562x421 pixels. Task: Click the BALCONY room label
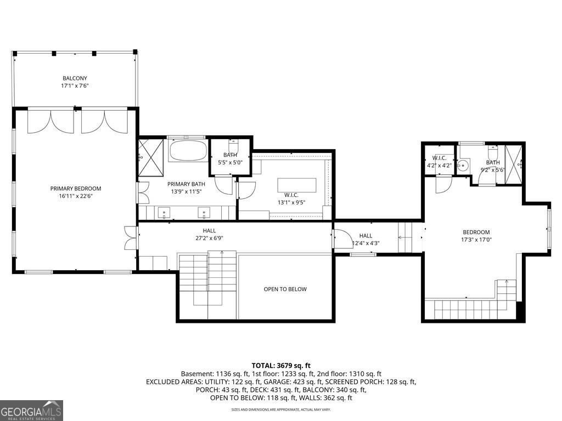pyautogui.click(x=75, y=78)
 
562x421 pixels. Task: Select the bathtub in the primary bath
pyautogui.click(x=188, y=151)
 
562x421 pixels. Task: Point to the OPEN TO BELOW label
pyautogui.click(x=285, y=289)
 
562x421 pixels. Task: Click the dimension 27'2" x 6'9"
pyautogui.click(x=209, y=238)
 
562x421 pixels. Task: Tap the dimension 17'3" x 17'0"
pyautogui.click(x=476, y=239)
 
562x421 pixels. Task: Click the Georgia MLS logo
pyautogui.click(x=31, y=410)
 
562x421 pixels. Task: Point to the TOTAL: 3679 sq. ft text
pyautogui.click(x=281, y=365)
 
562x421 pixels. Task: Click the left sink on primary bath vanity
pyautogui.click(x=164, y=211)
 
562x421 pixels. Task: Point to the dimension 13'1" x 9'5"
pyautogui.click(x=291, y=202)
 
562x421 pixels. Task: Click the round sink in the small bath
pyautogui.click(x=464, y=163)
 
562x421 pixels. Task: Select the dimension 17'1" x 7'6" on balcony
pyautogui.click(x=75, y=86)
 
